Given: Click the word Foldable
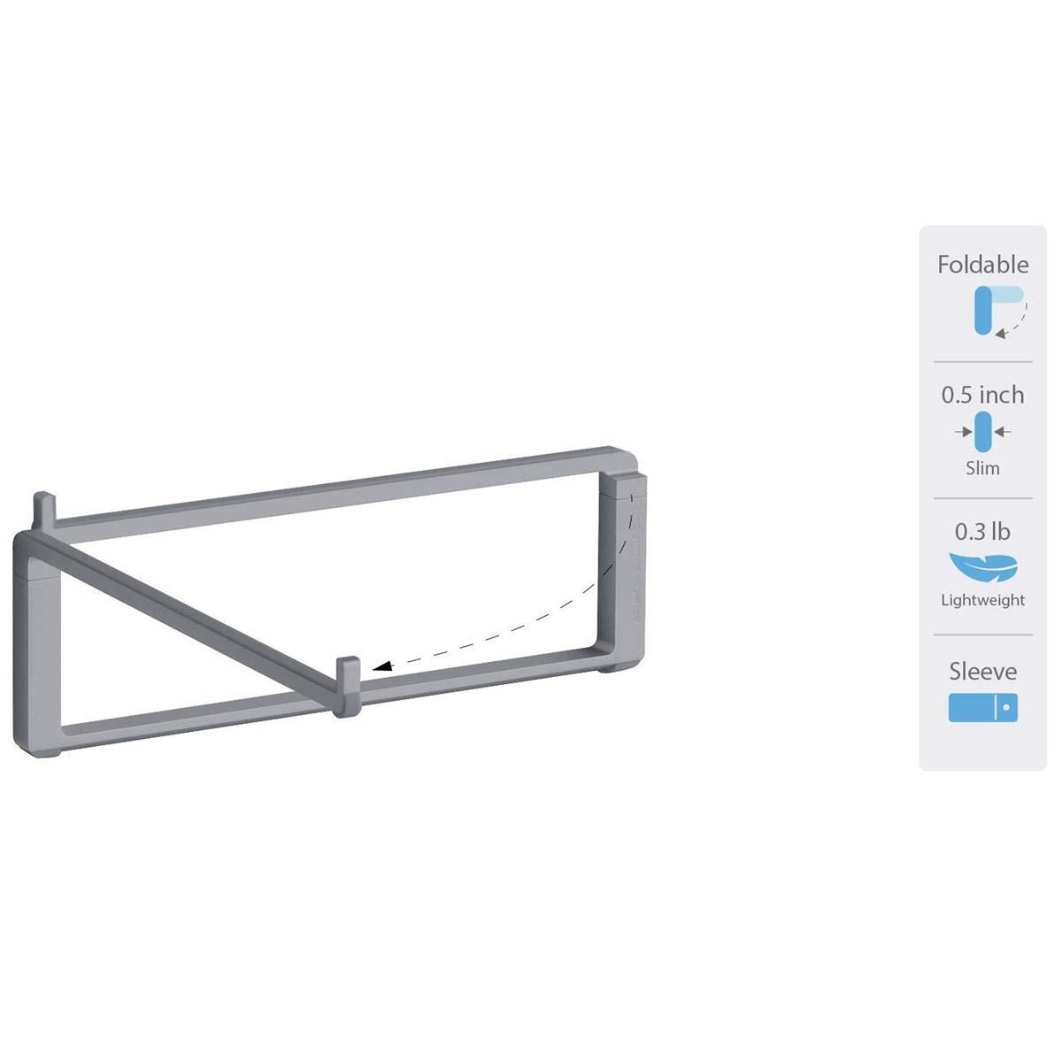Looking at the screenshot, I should click(982, 265).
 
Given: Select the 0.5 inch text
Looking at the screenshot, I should click(982, 395).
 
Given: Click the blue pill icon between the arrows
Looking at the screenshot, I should click(982, 433).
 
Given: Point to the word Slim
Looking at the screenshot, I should click(982, 468).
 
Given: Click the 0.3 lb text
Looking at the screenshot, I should click(982, 532).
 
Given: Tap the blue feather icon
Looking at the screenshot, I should click(982, 565).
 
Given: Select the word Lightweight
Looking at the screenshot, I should click(982, 600).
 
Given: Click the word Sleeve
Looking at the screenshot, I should click(982, 671).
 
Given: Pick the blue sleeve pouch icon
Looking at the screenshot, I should click(982, 708).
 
